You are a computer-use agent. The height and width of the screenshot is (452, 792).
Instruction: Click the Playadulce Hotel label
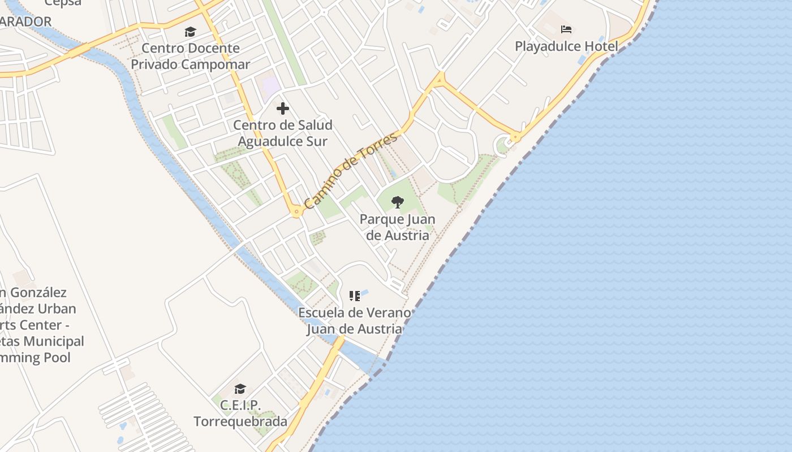coord(566,46)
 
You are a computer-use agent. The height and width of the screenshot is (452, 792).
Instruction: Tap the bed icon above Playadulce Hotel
coord(566,29)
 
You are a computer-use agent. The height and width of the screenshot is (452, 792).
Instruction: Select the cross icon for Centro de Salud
coord(283,108)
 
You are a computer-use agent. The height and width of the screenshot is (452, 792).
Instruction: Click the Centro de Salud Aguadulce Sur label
coord(283,133)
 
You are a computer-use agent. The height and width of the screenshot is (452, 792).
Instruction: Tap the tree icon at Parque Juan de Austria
coord(398,202)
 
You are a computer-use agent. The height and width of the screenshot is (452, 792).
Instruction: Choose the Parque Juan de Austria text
coord(398,227)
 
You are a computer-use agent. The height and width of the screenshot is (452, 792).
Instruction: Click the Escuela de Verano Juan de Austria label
coord(355,320)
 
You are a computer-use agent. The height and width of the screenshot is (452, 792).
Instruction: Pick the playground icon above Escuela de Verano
coord(355,296)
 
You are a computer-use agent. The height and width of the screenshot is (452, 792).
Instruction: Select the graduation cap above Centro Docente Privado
coord(190,32)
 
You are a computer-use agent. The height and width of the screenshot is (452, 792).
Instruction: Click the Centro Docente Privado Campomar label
coord(190,56)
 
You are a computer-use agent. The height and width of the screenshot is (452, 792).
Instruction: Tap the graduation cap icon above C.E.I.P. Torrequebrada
coord(240,389)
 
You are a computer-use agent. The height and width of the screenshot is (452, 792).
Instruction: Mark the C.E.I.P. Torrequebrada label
coord(240,413)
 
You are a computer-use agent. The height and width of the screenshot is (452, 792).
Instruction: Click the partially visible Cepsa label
coord(63,3)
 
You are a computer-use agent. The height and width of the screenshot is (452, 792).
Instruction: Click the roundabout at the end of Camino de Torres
coord(296,212)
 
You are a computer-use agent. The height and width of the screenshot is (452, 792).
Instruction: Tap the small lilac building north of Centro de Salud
coord(270,86)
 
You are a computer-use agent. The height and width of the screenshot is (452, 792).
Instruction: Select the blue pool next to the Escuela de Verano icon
coord(365,293)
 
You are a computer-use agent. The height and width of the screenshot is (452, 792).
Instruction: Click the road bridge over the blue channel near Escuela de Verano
coord(338,343)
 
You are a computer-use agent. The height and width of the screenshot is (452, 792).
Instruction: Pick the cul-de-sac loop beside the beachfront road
coord(502,145)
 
